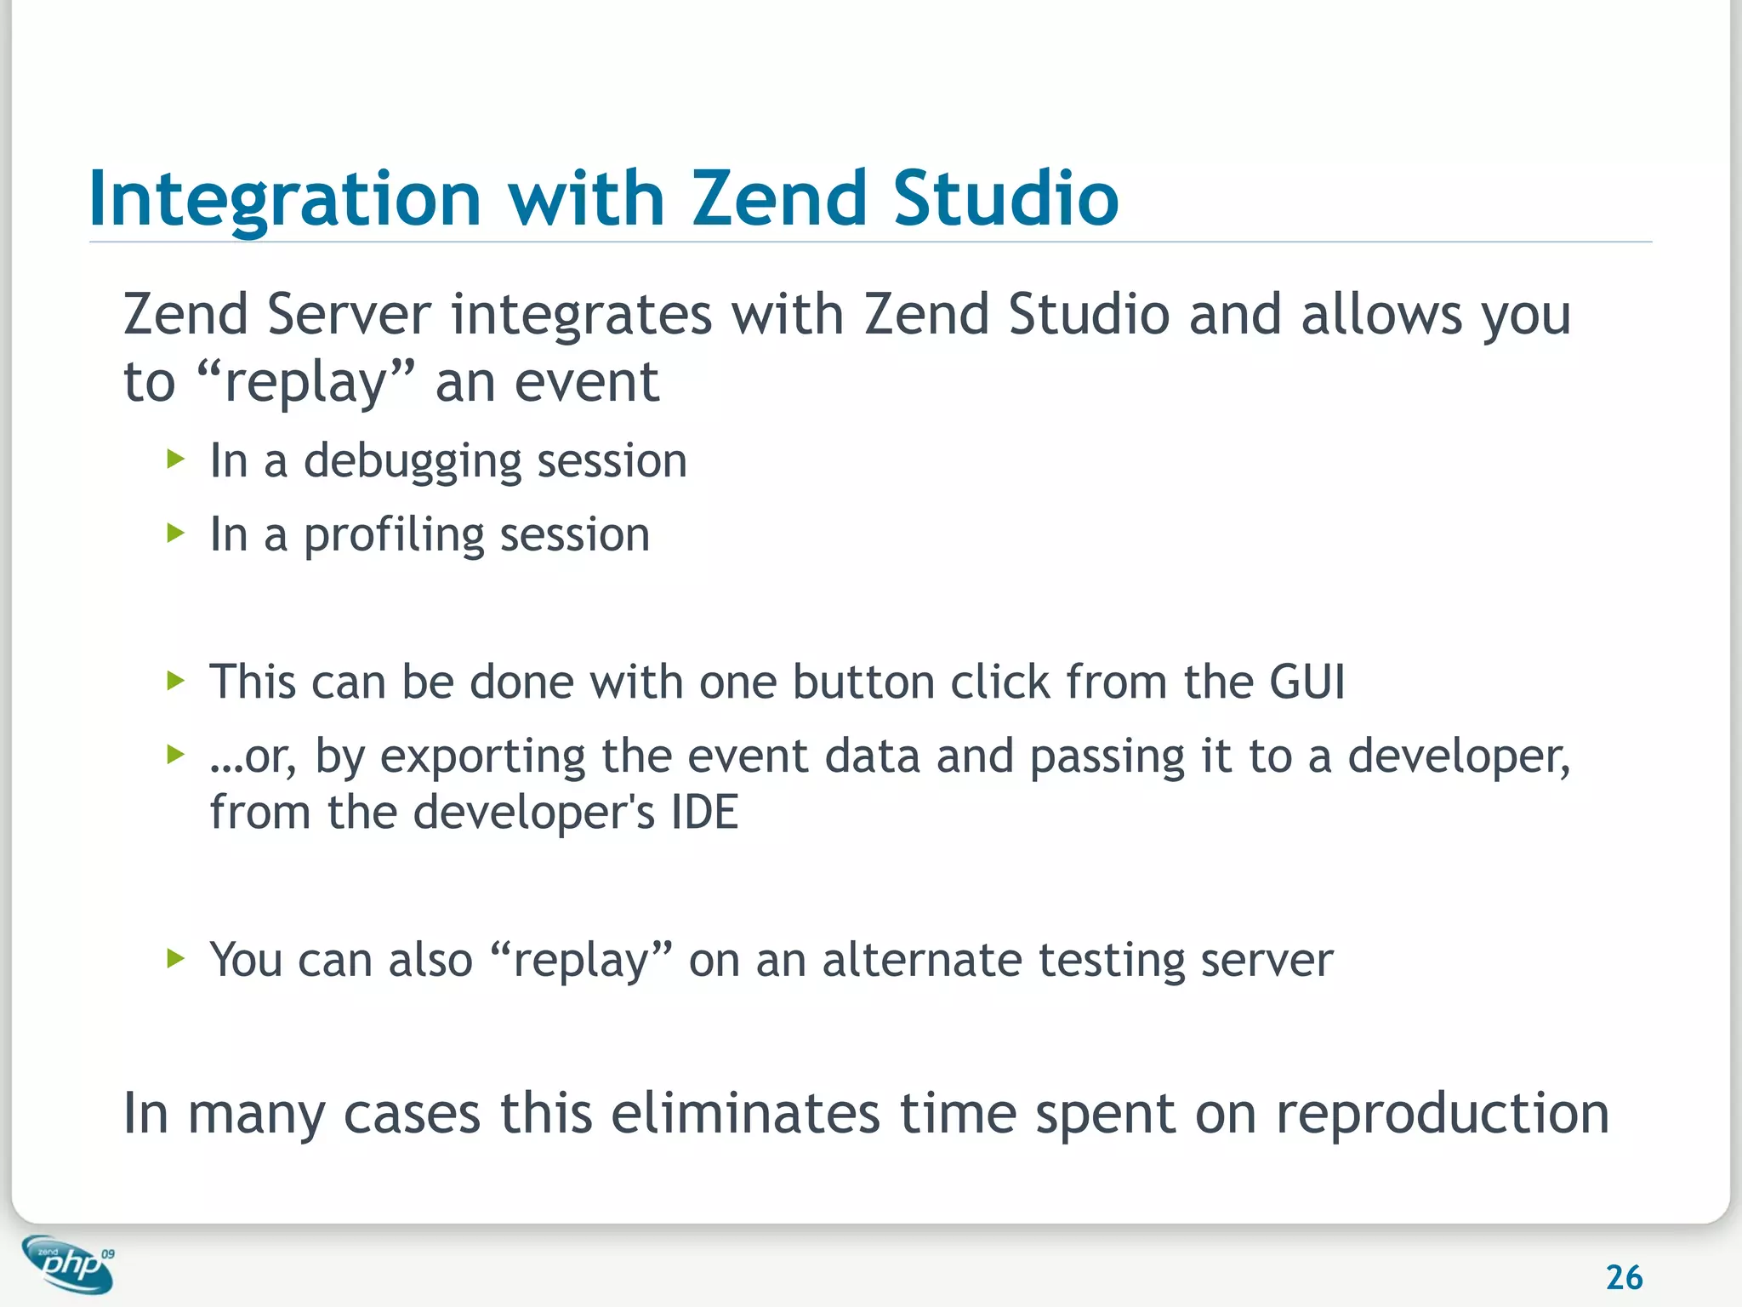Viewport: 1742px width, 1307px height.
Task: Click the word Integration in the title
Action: click(285, 200)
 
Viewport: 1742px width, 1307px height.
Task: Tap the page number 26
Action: click(1623, 1277)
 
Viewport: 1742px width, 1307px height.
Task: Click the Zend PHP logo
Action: click(68, 1264)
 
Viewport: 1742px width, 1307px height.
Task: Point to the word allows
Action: click(1381, 315)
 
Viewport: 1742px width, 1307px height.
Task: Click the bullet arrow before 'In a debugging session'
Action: click(176, 460)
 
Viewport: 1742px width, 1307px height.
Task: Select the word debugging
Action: click(411, 462)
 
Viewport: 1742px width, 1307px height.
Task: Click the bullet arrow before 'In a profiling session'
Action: click(176, 534)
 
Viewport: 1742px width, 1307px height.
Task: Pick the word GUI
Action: click(1306, 682)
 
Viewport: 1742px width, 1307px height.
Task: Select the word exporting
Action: click(482, 757)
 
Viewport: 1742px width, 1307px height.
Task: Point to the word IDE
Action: click(704, 813)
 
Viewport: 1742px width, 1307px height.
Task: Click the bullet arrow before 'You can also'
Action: click(176, 959)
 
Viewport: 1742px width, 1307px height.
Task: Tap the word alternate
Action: click(921, 961)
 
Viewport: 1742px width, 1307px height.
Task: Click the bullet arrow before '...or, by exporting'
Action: click(176, 754)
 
